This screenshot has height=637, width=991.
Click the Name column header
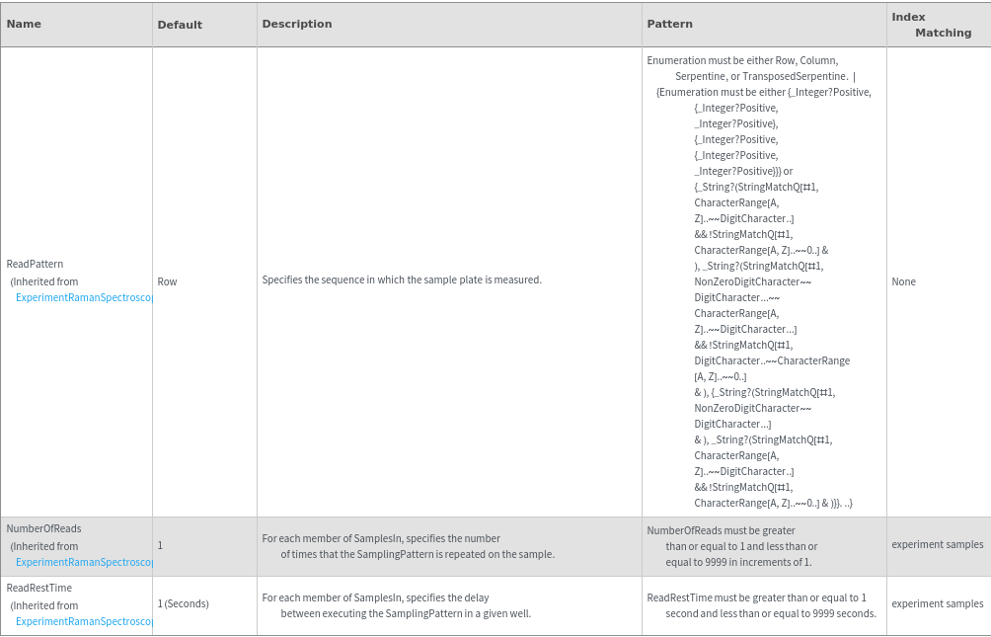click(24, 24)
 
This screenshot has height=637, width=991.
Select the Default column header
click(180, 25)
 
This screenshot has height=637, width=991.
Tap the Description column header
click(297, 24)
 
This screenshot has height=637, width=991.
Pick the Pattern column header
click(669, 24)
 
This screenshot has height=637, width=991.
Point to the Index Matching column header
click(931, 25)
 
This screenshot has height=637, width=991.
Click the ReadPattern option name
click(35, 265)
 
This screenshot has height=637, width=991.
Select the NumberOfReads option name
click(43, 528)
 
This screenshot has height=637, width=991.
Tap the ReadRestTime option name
click(39, 588)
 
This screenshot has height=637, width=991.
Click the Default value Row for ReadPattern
click(168, 281)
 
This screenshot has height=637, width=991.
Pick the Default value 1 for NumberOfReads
click(160, 545)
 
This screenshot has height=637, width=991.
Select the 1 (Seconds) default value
click(183, 603)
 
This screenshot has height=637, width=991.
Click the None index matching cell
click(903, 281)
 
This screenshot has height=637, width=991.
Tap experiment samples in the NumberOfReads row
click(937, 544)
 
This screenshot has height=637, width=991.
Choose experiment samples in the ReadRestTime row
click(937, 603)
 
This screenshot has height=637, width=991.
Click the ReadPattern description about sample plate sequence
click(402, 280)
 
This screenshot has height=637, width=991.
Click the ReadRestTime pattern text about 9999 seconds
click(760, 605)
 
